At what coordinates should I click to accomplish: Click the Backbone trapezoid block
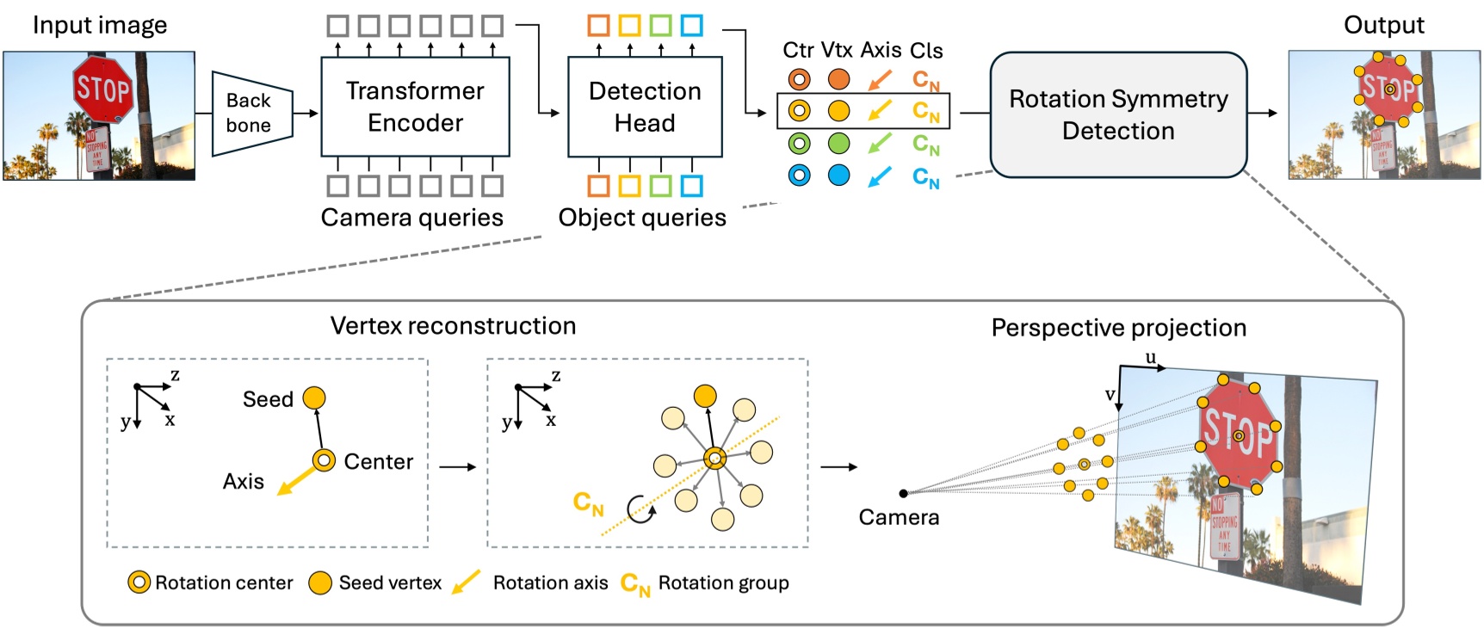coord(250,114)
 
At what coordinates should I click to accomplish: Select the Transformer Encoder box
coord(415,107)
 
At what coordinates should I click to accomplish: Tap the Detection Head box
coord(645,107)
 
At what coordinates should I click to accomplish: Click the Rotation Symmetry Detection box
coord(1117,114)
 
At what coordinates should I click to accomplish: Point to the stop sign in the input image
coord(102,88)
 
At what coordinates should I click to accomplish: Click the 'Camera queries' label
coord(411,218)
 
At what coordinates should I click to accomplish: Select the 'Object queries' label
coord(642,218)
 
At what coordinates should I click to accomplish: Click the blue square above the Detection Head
coord(691,25)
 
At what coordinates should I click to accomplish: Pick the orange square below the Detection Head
coord(598,185)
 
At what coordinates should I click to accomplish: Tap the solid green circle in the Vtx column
coord(838,144)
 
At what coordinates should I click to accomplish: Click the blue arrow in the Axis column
coord(879,177)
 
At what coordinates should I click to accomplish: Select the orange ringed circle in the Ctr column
coord(799,80)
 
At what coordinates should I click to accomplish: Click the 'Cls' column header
coord(926,51)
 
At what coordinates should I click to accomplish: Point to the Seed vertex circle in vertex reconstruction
coord(315,398)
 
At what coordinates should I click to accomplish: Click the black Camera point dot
coord(903,493)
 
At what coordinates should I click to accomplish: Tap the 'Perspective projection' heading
coord(1118,328)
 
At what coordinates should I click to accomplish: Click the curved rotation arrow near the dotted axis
coord(640,509)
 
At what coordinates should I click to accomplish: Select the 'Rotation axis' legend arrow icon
coord(466,583)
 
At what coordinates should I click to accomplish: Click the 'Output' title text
coord(1383,25)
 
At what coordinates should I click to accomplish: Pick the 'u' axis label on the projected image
coord(1150,357)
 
